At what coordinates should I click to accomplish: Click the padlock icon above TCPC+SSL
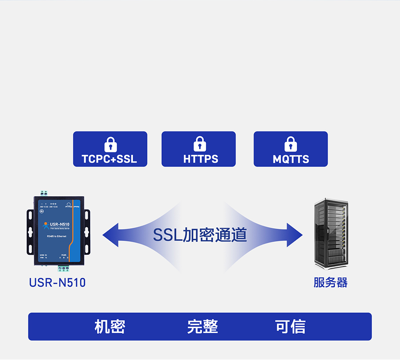coord(110,144)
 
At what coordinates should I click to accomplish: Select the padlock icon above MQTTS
coord(291,144)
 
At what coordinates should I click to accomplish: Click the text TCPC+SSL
coord(109,159)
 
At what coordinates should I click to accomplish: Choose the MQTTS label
coord(291,159)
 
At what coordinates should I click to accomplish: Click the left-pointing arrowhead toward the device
coord(111,235)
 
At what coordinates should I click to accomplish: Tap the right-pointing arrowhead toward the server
coord(294,235)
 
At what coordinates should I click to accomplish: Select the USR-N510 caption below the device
coord(57,282)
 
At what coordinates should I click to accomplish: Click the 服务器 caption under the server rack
coord(330,282)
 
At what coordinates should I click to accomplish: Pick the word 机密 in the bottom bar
coord(110,327)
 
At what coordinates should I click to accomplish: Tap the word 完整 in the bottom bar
coord(202,327)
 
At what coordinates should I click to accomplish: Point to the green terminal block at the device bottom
coord(63,268)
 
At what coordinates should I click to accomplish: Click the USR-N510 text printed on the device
coord(60,224)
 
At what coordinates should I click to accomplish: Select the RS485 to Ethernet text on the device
coord(56,236)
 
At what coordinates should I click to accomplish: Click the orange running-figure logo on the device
coord(46,225)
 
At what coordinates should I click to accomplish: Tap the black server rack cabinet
coord(331,233)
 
